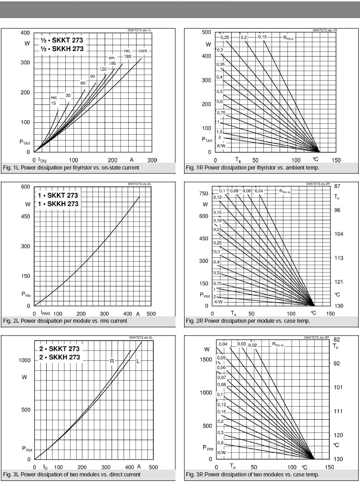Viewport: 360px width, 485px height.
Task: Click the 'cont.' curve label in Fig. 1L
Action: pyautogui.click(x=143, y=50)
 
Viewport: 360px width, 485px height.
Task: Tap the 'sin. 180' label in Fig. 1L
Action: pyautogui.click(x=112, y=60)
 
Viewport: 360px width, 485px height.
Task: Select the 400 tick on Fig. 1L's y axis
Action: pyautogui.click(x=25, y=33)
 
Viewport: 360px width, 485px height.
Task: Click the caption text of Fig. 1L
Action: pyautogui.click(x=71, y=168)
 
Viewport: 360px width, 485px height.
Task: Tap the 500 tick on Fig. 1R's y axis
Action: pyautogui.click(x=207, y=32)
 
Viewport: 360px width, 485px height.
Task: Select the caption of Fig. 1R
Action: pyautogui.click(x=252, y=168)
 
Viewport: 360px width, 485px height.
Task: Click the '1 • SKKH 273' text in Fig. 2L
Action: pyautogui.click(x=58, y=204)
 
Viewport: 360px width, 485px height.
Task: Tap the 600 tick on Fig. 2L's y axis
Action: pyautogui.click(x=25, y=187)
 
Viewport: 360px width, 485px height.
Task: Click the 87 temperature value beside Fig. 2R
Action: pyautogui.click(x=337, y=186)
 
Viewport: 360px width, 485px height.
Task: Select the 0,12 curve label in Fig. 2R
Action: pyautogui.click(x=218, y=197)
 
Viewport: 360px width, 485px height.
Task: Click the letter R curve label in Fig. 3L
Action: pyautogui.click(x=112, y=361)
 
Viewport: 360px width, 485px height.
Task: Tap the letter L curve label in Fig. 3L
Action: pyautogui.click(x=138, y=361)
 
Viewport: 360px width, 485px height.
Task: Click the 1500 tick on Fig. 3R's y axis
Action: pyautogui.click(x=206, y=359)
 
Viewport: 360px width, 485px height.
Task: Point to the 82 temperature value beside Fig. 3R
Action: pyautogui.click(x=336, y=339)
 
